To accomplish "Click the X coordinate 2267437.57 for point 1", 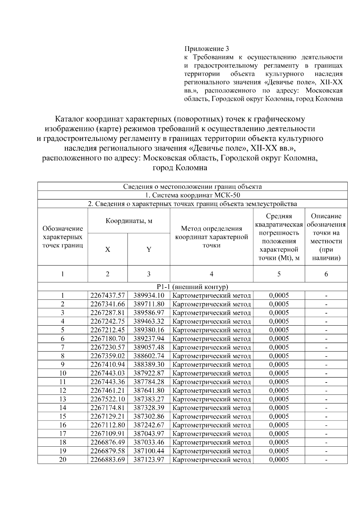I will pyautogui.click(x=108, y=295).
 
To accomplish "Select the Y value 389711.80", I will pyautogui.click(x=149, y=304).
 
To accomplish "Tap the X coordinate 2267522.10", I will pyautogui.click(x=108, y=399).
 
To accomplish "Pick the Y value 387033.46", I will pyautogui.click(x=149, y=442).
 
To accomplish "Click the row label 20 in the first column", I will pyautogui.click(x=63, y=460).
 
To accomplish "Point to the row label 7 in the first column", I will pyautogui.click(x=63, y=347).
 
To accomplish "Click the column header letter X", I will pyautogui.click(x=108, y=249).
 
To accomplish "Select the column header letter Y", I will pyautogui.click(x=149, y=249).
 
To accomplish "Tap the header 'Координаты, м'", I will pyautogui.click(x=129, y=221).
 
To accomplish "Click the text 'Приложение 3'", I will pyautogui.click(x=207, y=49).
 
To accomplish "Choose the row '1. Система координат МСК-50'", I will pyautogui.click(x=192, y=195).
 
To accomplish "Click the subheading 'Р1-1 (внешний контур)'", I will pyautogui.click(x=192, y=287).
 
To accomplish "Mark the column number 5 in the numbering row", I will pyautogui.click(x=279, y=274).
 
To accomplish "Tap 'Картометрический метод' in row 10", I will pyautogui.click(x=212, y=373).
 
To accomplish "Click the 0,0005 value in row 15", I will pyautogui.click(x=279, y=416).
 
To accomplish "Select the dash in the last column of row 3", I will pyautogui.click(x=326, y=313).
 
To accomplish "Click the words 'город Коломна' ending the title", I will pyautogui.click(x=180, y=168).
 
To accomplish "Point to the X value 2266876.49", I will pyautogui.click(x=108, y=442).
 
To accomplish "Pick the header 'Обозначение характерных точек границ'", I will pyautogui.click(x=63, y=237).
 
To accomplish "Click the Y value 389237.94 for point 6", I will pyautogui.click(x=149, y=339).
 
